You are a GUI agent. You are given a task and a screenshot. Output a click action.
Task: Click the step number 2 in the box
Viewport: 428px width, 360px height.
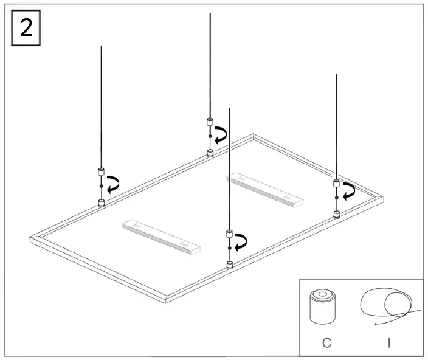(x=26, y=29)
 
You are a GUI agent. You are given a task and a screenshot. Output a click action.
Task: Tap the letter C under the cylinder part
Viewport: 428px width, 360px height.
(x=326, y=343)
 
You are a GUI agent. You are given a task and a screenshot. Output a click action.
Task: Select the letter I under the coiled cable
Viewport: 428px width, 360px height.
(x=389, y=343)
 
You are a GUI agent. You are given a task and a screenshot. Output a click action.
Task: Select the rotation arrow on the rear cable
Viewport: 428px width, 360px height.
(x=221, y=134)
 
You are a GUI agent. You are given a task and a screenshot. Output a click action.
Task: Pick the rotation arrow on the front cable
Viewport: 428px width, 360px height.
(x=241, y=242)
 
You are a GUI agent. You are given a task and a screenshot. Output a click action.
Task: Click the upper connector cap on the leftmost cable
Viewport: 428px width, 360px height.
(x=101, y=171)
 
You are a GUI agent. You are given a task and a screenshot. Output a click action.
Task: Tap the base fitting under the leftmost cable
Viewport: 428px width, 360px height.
(x=101, y=202)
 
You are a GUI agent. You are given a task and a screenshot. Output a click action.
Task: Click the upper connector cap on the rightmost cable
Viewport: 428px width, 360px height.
(x=336, y=183)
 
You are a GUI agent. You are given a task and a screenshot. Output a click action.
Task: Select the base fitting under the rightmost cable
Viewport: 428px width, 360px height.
(x=336, y=214)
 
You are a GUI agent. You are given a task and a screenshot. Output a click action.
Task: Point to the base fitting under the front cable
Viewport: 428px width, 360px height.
(x=229, y=265)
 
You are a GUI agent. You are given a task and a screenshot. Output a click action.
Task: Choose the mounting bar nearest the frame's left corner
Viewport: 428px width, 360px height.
(x=161, y=236)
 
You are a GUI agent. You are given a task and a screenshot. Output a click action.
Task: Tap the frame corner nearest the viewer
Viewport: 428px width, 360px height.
(x=166, y=300)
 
